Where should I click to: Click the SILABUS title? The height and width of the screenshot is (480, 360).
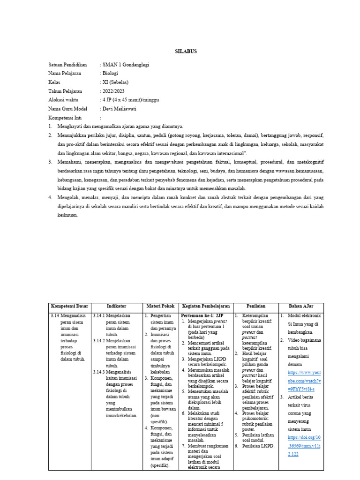tap(187, 52)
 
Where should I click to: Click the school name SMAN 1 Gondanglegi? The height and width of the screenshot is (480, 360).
tap(126, 65)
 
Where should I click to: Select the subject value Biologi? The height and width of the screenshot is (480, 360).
tap(111, 74)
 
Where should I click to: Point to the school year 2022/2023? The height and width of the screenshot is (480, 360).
tap(114, 91)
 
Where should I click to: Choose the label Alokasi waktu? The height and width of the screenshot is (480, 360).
tap(63, 100)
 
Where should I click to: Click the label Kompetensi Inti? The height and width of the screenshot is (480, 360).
tap(66, 118)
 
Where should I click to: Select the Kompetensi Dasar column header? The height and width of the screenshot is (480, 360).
tap(69, 306)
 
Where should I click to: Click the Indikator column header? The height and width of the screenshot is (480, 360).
tap(116, 306)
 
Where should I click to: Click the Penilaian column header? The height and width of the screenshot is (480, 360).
tap(255, 306)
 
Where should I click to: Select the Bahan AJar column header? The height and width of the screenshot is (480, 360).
tap(300, 306)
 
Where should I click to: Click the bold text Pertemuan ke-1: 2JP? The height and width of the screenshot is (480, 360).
tap(202, 316)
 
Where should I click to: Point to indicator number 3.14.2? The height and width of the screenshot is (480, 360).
tap(99, 340)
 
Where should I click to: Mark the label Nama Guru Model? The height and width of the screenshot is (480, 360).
tap(68, 109)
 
